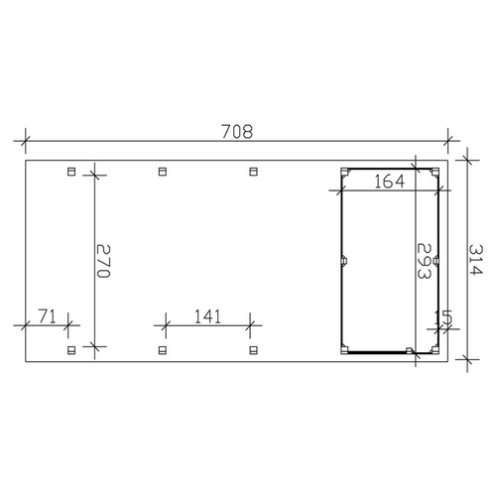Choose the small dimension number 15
[x=443, y=316]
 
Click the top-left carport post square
[x=70, y=172]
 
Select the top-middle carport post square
[x=163, y=172]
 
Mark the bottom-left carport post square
[x=70, y=349]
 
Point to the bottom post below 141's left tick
[x=163, y=349]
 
